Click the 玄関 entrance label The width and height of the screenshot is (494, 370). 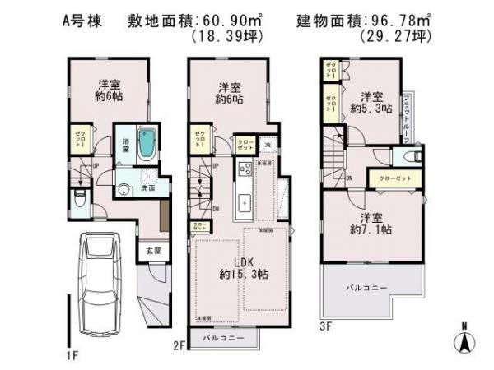(x=154, y=252)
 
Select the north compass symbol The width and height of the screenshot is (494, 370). (x=463, y=338)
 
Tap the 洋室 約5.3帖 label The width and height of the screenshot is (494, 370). (x=370, y=101)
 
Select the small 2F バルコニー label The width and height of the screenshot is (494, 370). (x=219, y=337)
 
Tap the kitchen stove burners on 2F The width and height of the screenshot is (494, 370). (x=245, y=170)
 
